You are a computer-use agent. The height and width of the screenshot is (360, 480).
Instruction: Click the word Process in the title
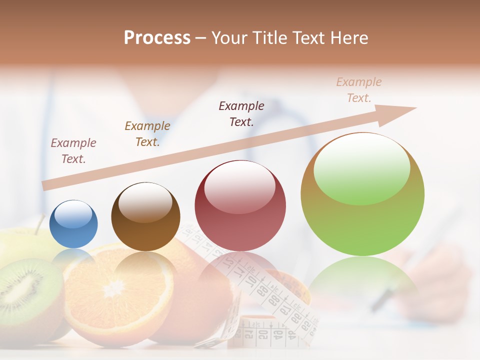pos(157,38)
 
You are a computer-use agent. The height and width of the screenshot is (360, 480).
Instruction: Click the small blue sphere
pos(73,224)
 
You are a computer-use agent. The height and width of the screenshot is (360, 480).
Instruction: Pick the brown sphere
pos(145,217)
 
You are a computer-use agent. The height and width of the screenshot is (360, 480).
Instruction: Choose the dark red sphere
pos(240,206)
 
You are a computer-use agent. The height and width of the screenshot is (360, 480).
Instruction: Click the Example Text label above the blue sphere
pos(73,151)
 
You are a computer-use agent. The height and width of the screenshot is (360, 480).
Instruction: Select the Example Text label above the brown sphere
pos(147,134)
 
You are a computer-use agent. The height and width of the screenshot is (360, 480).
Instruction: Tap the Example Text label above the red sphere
pos(241,113)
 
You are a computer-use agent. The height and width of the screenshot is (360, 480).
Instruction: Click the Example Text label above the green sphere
pos(359,90)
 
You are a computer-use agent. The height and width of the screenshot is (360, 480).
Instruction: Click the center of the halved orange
pos(116,288)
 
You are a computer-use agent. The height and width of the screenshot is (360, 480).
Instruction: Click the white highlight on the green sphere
pos(362,167)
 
